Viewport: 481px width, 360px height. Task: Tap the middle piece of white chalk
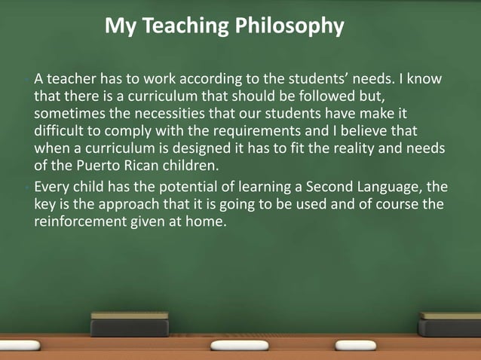(x=239, y=345)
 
